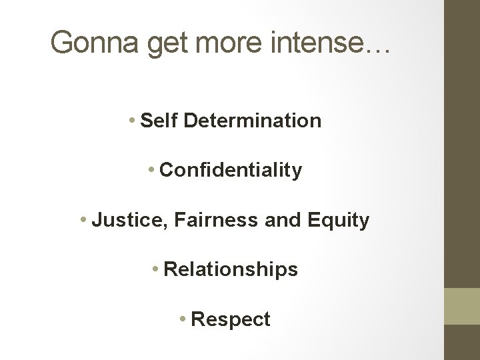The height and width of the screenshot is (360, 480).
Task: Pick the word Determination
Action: pos(252,121)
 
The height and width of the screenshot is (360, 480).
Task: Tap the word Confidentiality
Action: pos(231,170)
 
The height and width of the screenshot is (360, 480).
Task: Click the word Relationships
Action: pos(231,269)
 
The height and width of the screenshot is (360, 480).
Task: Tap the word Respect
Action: pos(231,319)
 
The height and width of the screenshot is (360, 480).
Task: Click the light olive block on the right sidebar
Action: pos(461,307)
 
